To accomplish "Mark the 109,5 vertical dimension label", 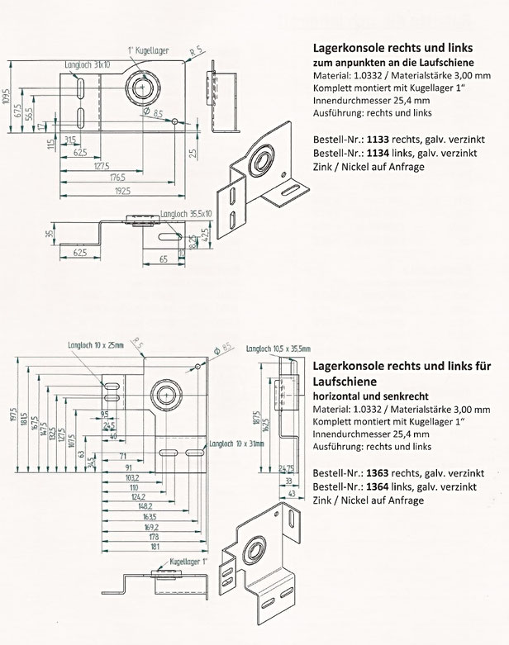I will pos(7,97).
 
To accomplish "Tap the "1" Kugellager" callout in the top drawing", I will pos(150,50).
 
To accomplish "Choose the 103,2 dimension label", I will pos(109,477).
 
